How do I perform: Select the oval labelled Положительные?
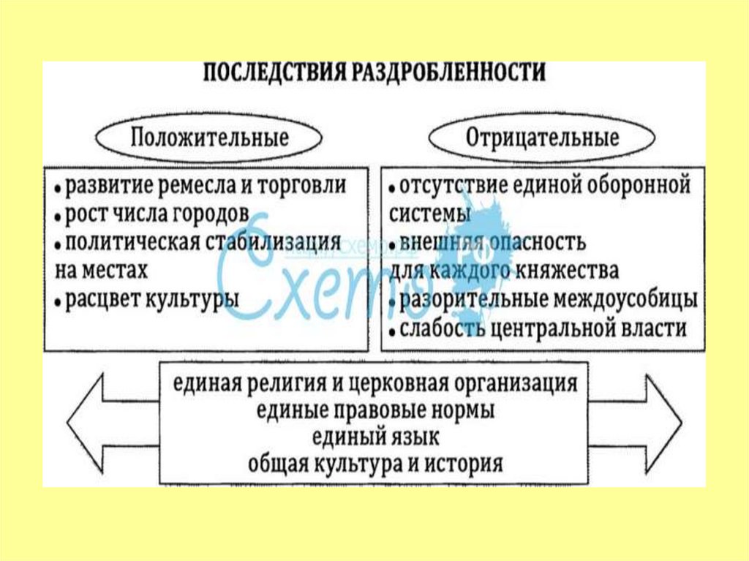pos(210,138)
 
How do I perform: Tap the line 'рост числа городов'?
pos(157,214)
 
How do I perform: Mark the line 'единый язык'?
pos(375,437)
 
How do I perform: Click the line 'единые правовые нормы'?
pos(375,410)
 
